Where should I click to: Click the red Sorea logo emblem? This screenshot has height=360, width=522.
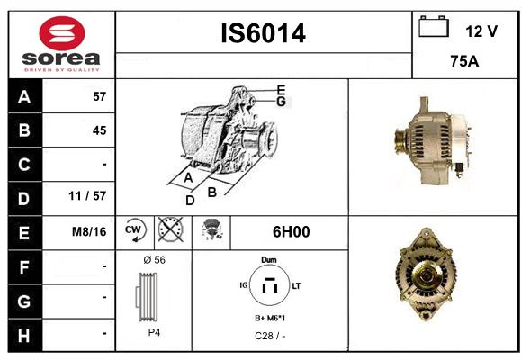click(62, 33)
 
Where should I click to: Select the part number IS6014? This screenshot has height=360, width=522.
click(264, 33)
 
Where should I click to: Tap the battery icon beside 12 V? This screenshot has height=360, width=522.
click(434, 26)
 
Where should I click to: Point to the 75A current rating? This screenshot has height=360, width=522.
click(464, 61)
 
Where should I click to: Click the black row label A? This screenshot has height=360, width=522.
click(24, 97)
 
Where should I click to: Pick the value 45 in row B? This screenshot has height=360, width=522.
click(100, 130)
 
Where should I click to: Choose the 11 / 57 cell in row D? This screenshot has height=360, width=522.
click(87, 196)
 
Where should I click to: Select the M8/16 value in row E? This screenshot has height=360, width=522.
click(89, 231)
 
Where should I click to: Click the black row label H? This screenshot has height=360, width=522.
click(24, 336)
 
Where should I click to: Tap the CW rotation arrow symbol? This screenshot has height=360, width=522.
click(136, 230)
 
